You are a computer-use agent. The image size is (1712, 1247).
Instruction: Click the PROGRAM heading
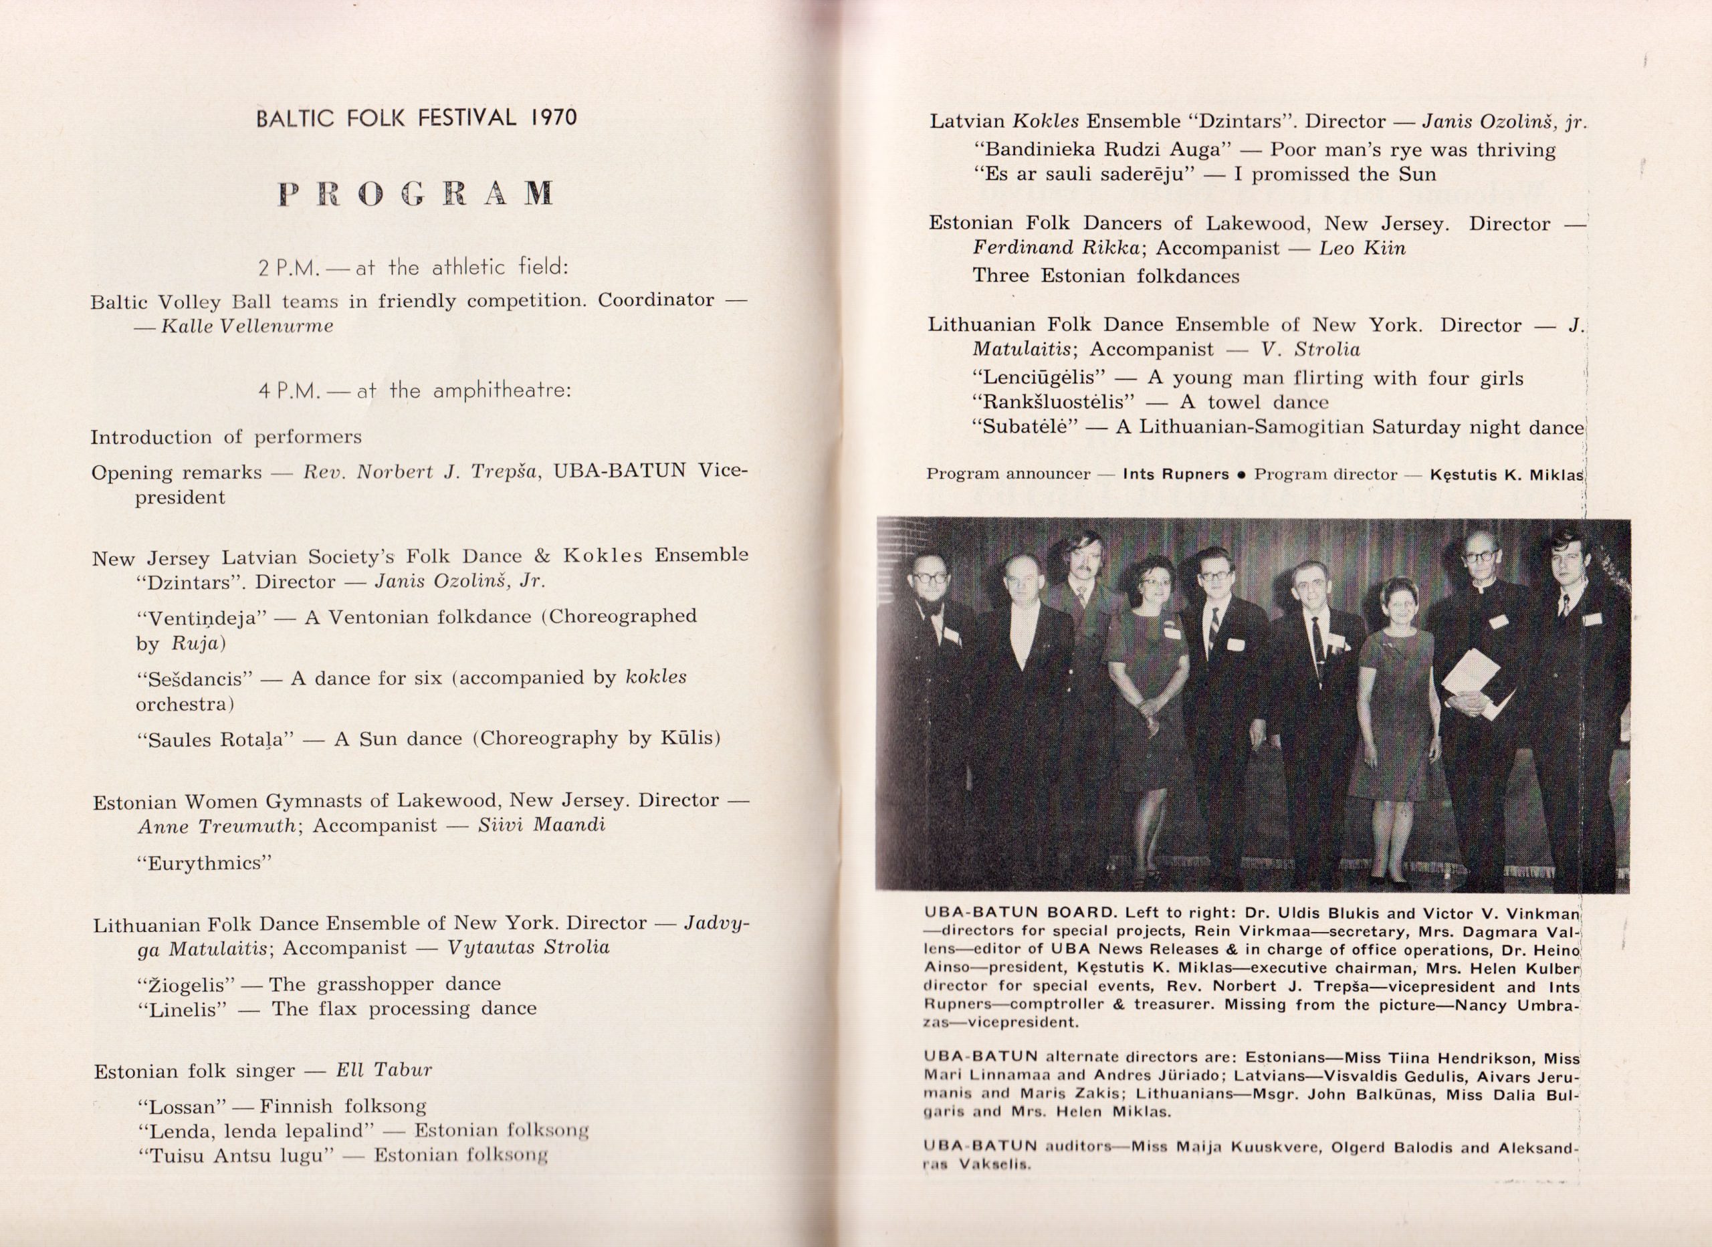click(416, 193)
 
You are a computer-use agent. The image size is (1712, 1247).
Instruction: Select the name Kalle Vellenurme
click(247, 326)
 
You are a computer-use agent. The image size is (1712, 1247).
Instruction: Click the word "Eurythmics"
click(204, 863)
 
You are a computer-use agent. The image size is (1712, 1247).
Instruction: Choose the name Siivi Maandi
click(541, 824)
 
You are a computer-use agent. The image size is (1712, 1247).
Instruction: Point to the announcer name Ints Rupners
click(1176, 475)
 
